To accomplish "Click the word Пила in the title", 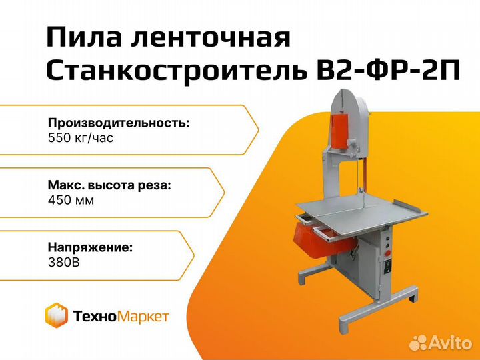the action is coord(83,38).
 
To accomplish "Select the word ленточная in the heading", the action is coord(211,38).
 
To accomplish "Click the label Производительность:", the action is coord(119,123).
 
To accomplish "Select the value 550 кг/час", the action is coord(81,138).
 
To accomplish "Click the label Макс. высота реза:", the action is coord(109,185).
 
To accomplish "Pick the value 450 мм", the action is coord(71,201).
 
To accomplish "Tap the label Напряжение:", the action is coord(90,247).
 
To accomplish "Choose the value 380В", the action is coord(64,263).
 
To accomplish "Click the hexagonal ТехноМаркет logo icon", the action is coord(56,315).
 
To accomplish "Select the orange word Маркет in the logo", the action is coord(143,316).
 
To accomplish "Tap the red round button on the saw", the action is coord(387,253).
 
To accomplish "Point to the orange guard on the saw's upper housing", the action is coord(339,131).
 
